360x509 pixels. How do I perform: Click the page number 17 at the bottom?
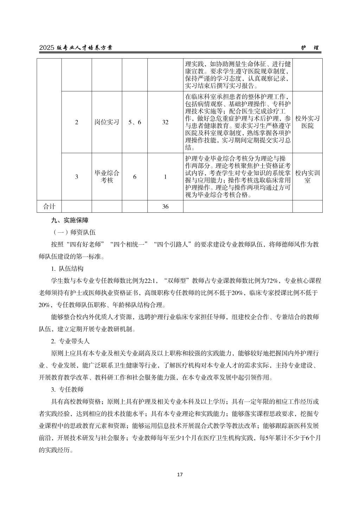[180, 475]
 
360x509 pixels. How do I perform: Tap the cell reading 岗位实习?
[107, 122]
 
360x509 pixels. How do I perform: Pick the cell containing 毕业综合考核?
[107, 177]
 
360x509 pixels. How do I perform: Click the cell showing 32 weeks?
[165, 122]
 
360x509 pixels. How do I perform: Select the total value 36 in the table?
[165, 207]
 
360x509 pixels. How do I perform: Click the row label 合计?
[49, 207]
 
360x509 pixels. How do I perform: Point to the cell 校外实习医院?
[307, 122]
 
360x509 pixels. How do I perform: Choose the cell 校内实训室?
[307, 177]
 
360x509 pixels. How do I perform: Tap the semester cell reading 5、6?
[135, 122]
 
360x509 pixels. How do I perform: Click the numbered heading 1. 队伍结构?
[67, 269]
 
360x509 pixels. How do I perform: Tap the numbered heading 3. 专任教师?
[67, 389]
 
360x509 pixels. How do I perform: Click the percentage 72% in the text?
[273, 281]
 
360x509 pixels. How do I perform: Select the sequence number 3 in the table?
[77, 177]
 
